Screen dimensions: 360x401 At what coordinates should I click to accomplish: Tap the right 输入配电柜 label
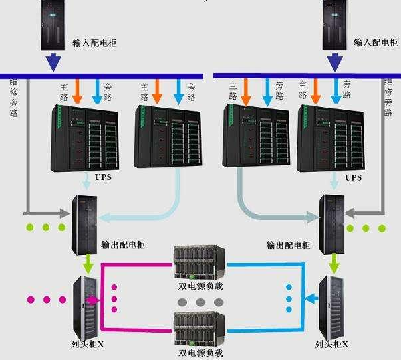(374, 42)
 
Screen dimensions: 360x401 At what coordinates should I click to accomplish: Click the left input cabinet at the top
(54, 25)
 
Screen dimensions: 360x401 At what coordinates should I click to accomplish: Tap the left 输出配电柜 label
(122, 245)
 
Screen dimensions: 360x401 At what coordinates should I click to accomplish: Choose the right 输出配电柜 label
(288, 245)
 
